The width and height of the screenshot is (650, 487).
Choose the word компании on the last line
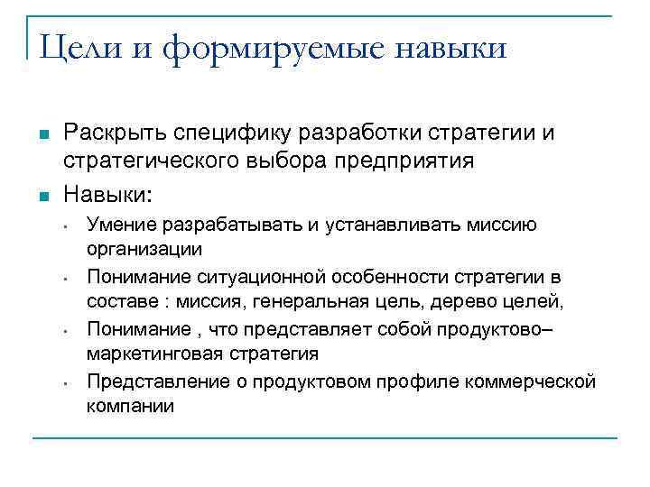[x=130, y=405]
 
